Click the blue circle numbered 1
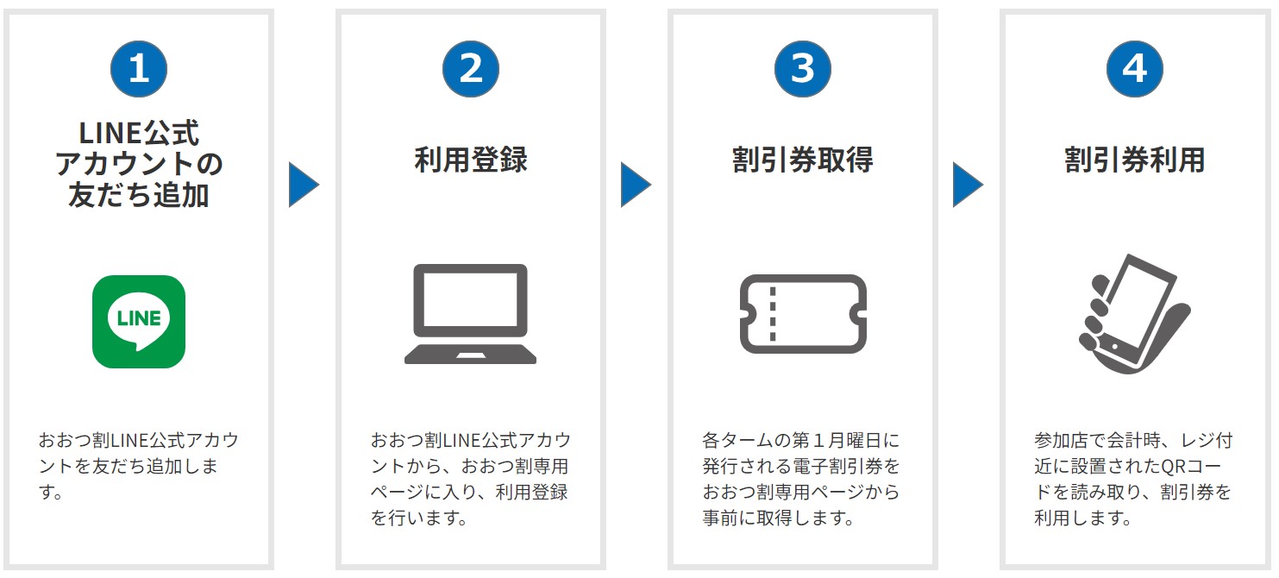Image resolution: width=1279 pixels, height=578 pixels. point(139,68)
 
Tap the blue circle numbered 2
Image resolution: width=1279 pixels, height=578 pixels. point(471,68)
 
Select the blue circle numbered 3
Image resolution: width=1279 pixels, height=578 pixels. point(803,68)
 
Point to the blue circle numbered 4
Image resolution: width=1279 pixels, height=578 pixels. point(1135,68)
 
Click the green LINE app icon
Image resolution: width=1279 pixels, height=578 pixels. point(139,322)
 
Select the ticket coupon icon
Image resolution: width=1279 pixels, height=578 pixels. point(803,314)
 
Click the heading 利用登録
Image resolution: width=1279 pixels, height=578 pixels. point(471,160)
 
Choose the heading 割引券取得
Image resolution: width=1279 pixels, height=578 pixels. point(803,160)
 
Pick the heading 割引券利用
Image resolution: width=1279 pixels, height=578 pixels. point(1135,160)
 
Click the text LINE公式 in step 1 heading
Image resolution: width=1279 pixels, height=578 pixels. point(139,134)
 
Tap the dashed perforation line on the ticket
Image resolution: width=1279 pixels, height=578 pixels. point(773,314)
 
